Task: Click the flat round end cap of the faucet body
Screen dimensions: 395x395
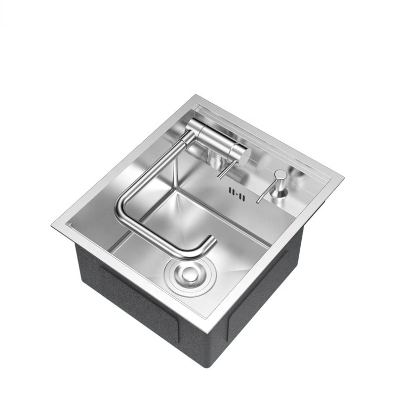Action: tap(244, 157)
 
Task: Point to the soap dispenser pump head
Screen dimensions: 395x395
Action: tap(280, 175)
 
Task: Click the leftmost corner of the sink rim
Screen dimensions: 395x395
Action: tap(52, 226)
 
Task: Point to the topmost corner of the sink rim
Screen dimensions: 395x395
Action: tap(196, 95)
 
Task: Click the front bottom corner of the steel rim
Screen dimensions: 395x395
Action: tap(211, 331)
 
